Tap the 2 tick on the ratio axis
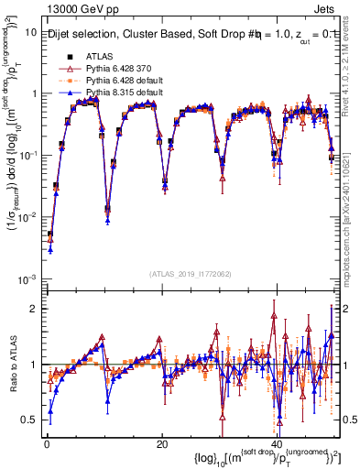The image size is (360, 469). [x=32, y=308]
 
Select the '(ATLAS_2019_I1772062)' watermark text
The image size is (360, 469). [x=191, y=274]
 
